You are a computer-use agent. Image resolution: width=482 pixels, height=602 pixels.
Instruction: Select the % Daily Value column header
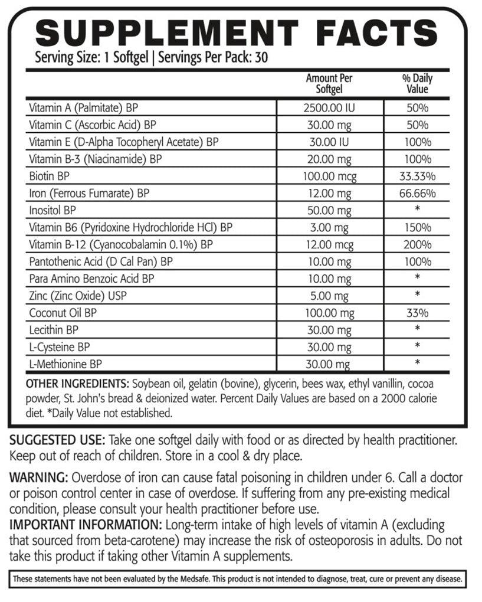click(x=418, y=84)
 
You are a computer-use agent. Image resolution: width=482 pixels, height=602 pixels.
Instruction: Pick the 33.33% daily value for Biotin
click(x=418, y=176)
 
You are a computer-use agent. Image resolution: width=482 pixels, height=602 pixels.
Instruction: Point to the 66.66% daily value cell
click(x=418, y=193)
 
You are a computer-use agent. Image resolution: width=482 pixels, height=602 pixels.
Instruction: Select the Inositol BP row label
click(x=53, y=210)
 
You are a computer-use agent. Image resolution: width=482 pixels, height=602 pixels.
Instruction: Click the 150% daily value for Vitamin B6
click(x=418, y=227)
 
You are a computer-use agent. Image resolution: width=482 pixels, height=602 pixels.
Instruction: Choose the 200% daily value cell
click(x=418, y=244)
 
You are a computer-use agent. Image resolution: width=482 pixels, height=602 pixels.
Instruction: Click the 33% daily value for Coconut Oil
click(x=418, y=312)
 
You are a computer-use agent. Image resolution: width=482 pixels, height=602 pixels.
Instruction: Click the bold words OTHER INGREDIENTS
click(x=78, y=383)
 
